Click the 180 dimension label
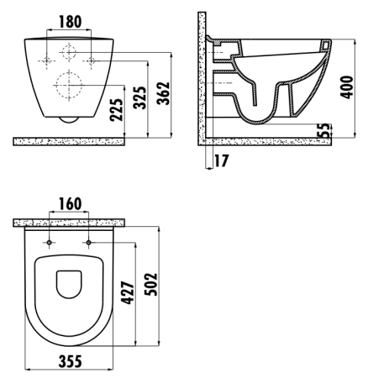pos(70,22)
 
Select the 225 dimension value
pos(117,110)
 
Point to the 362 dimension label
pos(163,93)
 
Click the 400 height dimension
pos(346,87)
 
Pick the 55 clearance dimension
pos(324,130)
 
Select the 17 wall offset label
pos(221,160)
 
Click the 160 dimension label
pos(70,204)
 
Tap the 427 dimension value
pos(128,293)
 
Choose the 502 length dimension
pos(151,284)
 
